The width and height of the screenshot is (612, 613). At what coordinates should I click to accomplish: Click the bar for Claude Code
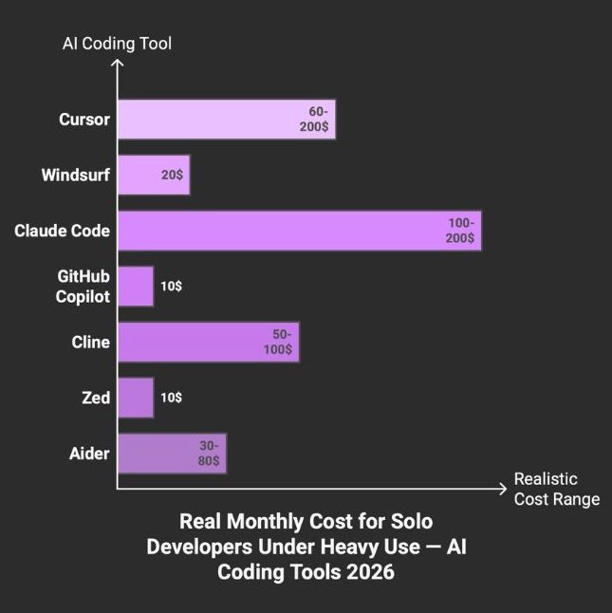(299, 231)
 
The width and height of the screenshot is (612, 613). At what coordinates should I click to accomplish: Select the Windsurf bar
(153, 176)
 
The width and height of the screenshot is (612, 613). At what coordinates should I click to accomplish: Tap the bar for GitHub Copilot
(136, 286)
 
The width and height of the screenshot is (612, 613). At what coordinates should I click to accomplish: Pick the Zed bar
(136, 398)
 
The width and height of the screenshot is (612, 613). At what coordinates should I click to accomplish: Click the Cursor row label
(83, 121)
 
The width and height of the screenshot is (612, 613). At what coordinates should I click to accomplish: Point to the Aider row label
(88, 454)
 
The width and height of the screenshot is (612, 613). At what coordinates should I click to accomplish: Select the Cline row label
(90, 343)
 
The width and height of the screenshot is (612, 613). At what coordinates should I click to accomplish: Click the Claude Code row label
(62, 231)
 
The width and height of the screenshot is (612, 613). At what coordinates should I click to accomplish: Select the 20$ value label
(172, 176)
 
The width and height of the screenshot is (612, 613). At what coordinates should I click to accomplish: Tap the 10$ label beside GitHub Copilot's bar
(172, 286)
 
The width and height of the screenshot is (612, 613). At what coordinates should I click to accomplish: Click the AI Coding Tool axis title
(117, 43)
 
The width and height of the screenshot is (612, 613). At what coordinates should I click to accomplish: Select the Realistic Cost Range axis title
(556, 489)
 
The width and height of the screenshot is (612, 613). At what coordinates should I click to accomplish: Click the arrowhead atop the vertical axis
(118, 64)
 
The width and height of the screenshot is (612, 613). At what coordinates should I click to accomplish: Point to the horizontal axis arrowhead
(502, 489)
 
